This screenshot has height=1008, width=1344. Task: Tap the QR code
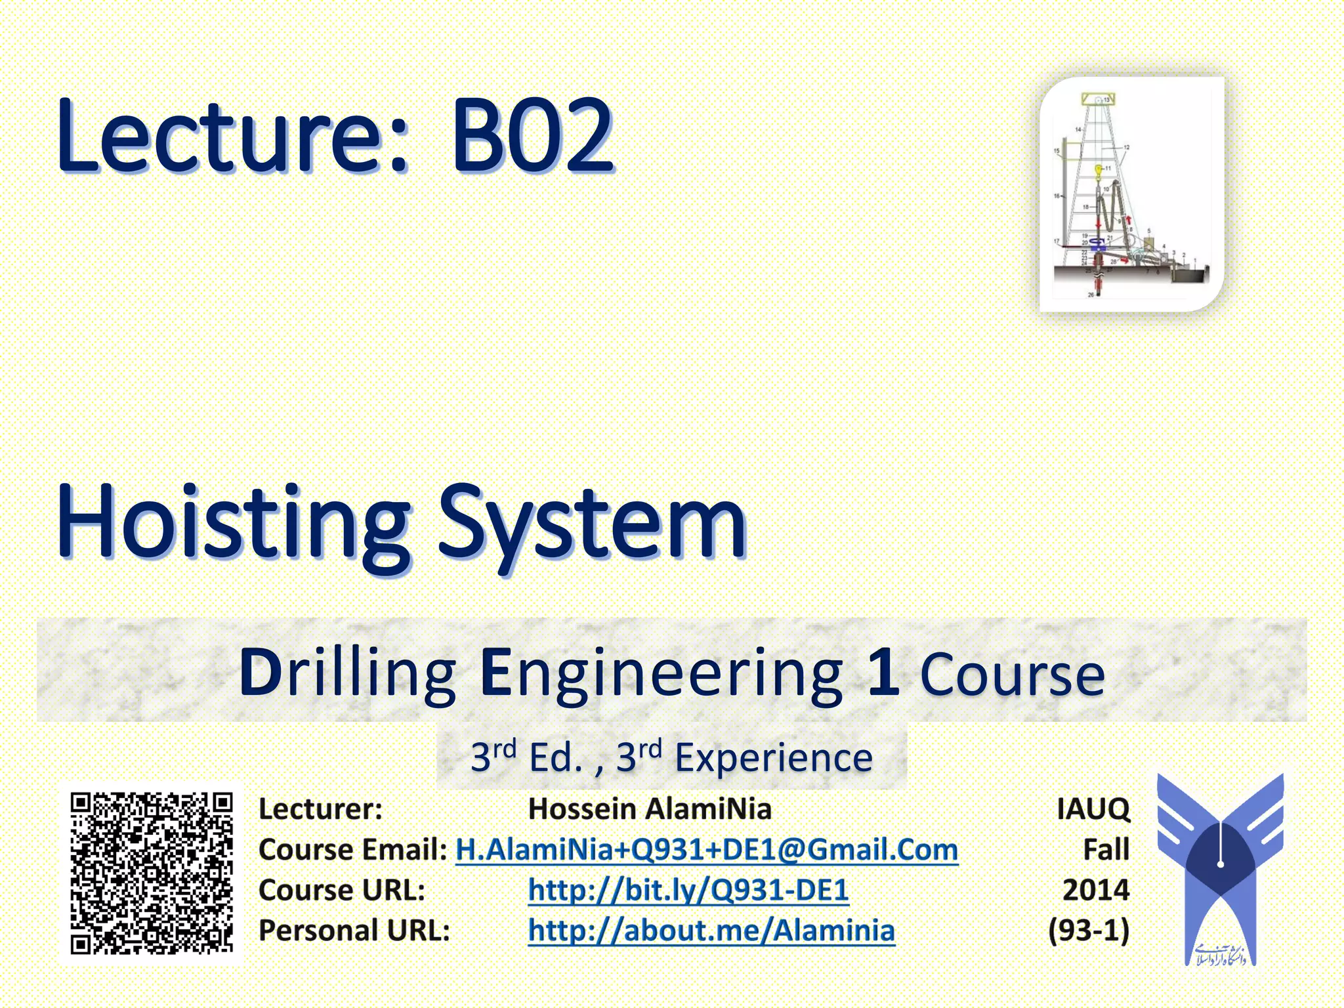tap(152, 873)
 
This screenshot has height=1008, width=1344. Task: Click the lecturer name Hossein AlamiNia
tap(650, 808)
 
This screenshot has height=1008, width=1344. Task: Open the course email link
tap(707, 849)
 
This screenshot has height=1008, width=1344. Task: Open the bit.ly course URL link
tap(688, 890)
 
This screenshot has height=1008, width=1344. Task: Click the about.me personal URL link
tap(711, 931)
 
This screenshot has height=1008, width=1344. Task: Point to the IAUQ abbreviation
tap(1093, 808)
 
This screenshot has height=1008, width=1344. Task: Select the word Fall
tap(1106, 849)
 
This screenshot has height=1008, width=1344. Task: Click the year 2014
tap(1096, 890)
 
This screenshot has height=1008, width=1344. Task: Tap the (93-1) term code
tap(1089, 931)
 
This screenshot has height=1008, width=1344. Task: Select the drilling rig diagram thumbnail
tap(1131, 194)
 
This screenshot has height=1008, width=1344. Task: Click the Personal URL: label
tap(354, 931)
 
